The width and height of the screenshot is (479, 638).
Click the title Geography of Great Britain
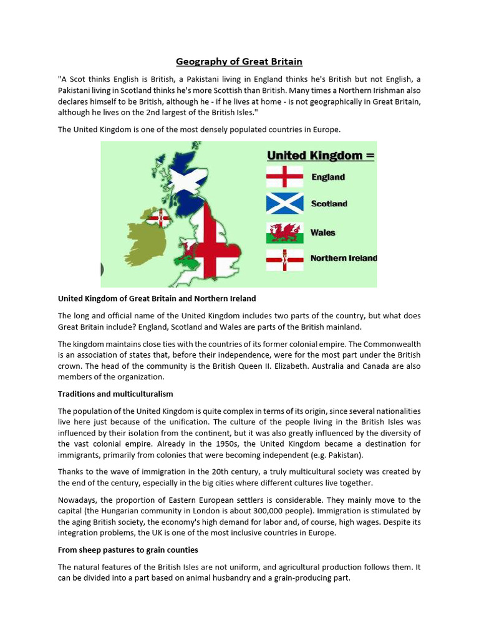pyautogui.click(x=239, y=61)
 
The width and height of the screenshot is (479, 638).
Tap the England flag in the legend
pyautogui.click(x=284, y=177)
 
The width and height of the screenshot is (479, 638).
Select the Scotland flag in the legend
pyautogui.click(x=284, y=204)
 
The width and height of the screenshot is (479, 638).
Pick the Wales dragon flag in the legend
pyautogui.click(x=284, y=232)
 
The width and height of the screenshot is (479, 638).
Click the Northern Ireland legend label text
pyautogui.click(x=344, y=258)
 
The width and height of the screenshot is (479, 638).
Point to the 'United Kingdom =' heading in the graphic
pyautogui.click(x=321, y=155)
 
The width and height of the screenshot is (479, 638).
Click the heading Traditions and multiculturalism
pyautogui.click(x=115, y=394)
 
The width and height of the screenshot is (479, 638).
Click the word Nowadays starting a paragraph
pyautogui.click(x=79, y=500)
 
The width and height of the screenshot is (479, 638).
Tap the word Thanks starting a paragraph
pyautogui.click(x=72, y=472)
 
